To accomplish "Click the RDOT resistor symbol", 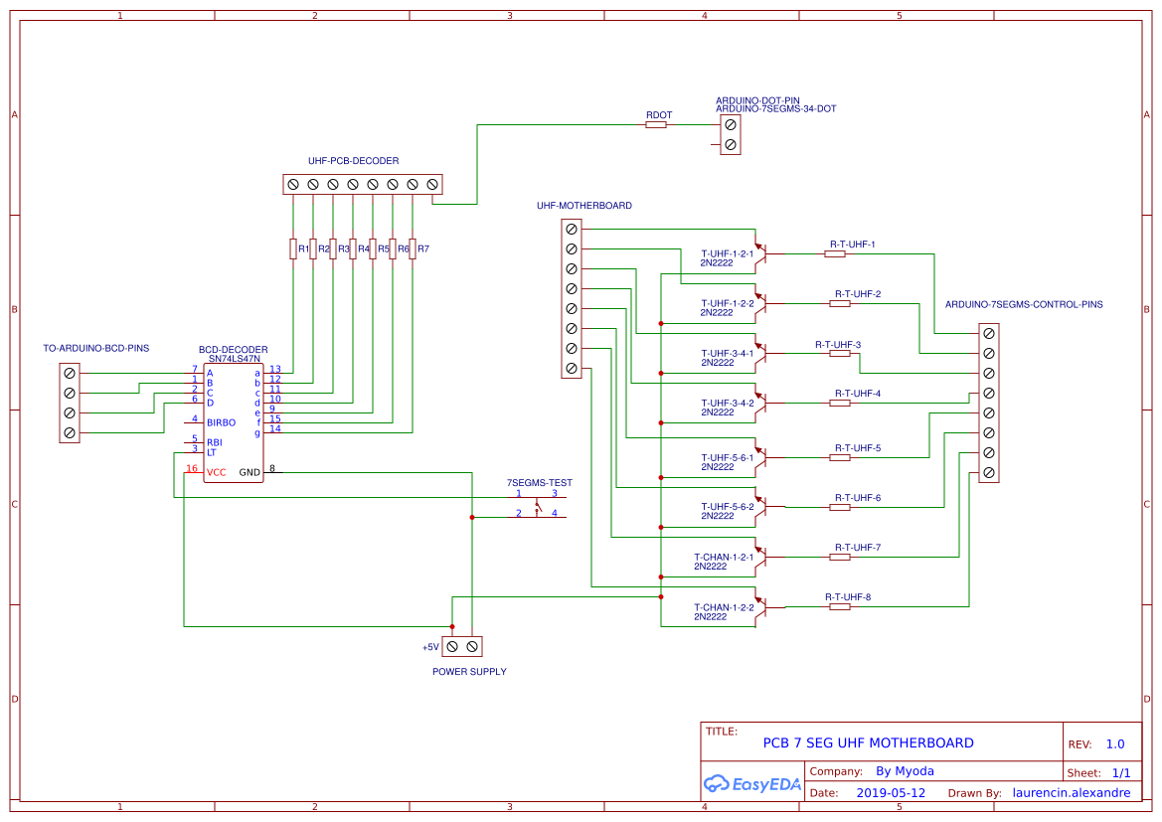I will coord(657,125).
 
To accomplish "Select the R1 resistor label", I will coord(304,248).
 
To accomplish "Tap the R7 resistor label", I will coord(423,248).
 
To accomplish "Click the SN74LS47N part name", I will coord(234,359).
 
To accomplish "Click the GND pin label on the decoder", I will coord(249,472).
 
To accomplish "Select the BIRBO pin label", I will coord(221,422).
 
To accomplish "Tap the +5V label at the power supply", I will coord(429,647).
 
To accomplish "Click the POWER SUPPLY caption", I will coord(469,672).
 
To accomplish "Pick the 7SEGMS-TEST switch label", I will coord(540,482).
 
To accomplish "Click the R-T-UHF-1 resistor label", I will coord(852,244).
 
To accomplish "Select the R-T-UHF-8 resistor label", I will coord(847,596).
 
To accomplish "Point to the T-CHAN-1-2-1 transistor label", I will coord(723,557).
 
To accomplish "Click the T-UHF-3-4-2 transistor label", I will coord(727,403).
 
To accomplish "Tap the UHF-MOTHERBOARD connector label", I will coord(583,206).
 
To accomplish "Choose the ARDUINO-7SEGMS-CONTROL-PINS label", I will coord(1023,304).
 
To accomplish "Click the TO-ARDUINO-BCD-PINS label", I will coord(95,349).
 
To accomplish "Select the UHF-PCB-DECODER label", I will coord(353,160).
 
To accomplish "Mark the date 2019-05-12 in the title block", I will coord(891,793).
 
